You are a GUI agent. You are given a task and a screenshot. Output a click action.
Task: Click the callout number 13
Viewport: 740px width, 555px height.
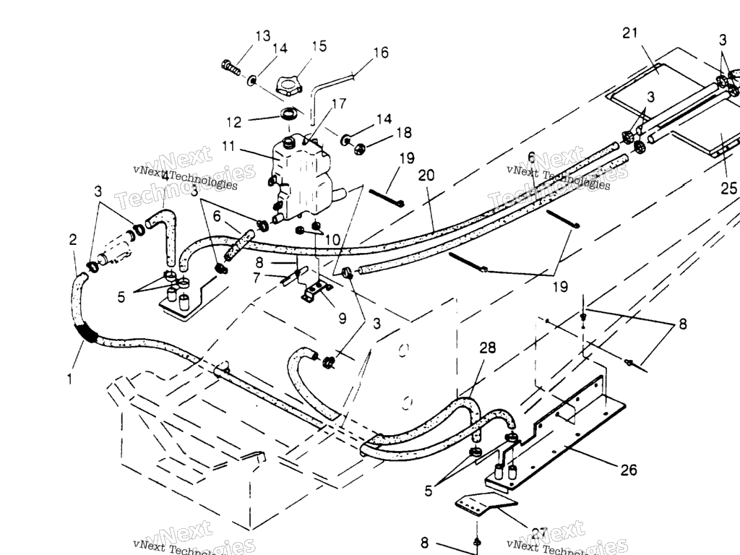tap(262, 35)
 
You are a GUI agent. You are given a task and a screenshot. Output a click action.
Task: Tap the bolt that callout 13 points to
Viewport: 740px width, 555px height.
tap(231, 67)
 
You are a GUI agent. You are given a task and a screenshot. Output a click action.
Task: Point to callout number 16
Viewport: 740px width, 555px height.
tap(381, 52)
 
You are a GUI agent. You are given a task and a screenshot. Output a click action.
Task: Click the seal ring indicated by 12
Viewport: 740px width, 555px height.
tap(291, 114)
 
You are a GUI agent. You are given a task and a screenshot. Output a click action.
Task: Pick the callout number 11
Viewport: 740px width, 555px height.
tap(229, 145)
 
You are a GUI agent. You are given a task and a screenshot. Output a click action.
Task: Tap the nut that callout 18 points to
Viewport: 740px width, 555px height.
tap(360, 149)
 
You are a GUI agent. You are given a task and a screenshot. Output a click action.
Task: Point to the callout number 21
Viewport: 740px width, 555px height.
tap(630, 33)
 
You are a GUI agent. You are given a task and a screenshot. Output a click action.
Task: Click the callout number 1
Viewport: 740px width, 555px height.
tap(69, 378)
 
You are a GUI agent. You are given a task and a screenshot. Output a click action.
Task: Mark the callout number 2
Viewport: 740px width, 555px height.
tap(72, 240)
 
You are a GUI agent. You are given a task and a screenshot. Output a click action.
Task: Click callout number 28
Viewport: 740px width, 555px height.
tap(488, 348)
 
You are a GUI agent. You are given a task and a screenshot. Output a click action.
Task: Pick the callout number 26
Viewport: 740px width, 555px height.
tap(629, 470)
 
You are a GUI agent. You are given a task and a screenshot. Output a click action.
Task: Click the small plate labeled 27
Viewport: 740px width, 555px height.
tap(484, 505)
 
